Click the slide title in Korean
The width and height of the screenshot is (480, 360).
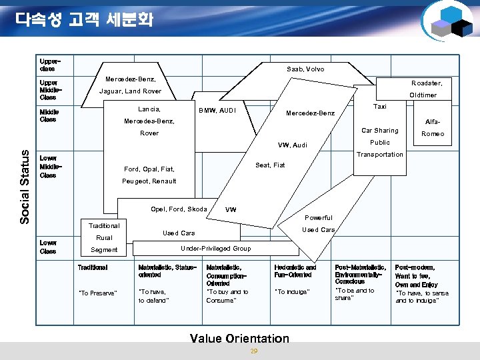85,19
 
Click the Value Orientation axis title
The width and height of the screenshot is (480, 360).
239,338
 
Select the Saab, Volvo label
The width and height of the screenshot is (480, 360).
305,69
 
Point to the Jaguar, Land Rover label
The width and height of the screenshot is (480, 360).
130,91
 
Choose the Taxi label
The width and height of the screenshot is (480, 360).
380,106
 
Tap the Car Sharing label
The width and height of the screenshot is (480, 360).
379,131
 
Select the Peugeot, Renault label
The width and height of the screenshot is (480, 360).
149,181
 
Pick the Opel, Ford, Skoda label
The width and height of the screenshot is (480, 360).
179,209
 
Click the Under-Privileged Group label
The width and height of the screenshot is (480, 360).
216,249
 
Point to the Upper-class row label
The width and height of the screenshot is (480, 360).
48,64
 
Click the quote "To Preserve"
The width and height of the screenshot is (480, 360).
98,293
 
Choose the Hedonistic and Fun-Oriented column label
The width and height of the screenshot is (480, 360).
295,271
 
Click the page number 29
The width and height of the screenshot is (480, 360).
253,351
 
